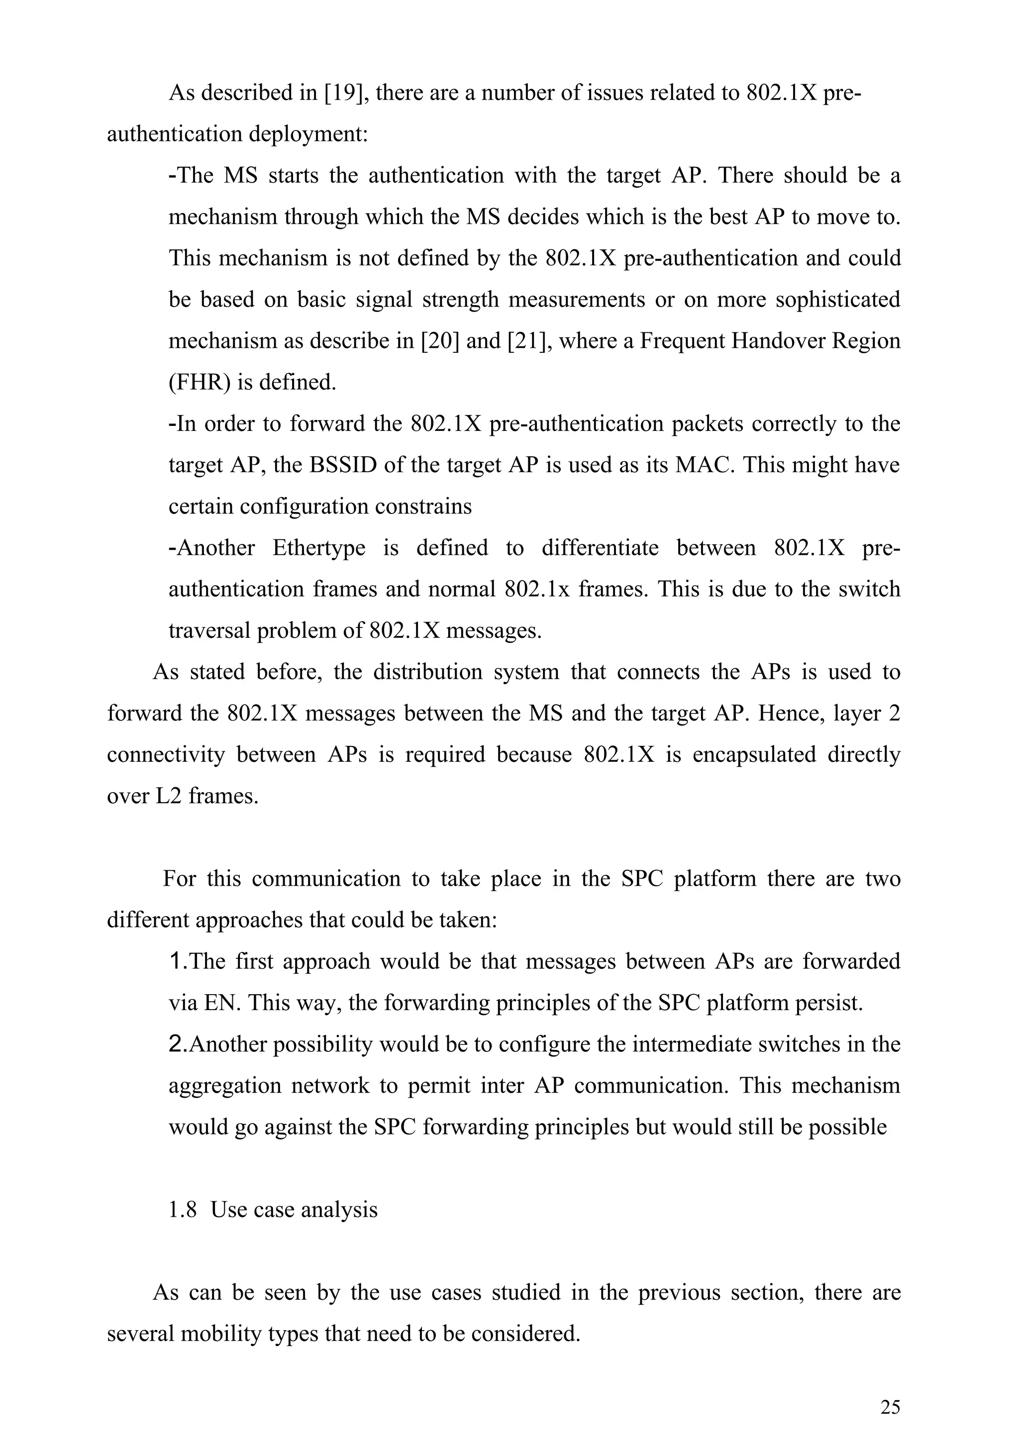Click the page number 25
(890, 1408)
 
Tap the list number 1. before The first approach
(178, 961)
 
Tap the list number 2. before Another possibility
(178, 1044)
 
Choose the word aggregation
(225, 1086)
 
